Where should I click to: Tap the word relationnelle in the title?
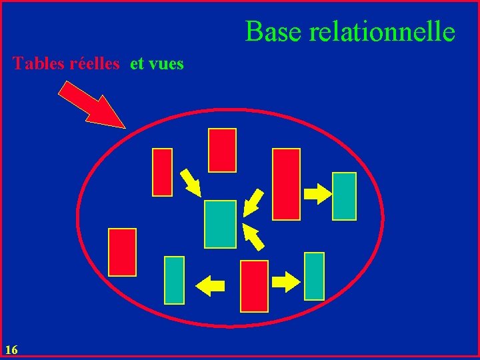(x=382, y=31)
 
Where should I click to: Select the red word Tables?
(x=39, y=64)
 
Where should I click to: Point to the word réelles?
(x=95, y=64)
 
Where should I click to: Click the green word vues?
(x=166, y=64)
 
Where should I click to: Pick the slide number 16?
(x=11, y=349)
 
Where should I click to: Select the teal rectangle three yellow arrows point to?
(x=220, y=224)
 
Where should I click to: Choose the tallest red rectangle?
(x=287, y=184)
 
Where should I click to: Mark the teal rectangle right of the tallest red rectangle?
(x=344, y=196)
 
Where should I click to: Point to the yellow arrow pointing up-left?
(x=253, y=237)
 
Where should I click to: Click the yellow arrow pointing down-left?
(x=252, y=202)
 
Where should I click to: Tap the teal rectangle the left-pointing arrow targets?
(x=174, y=280)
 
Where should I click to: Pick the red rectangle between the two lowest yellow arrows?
(x=254, y=286)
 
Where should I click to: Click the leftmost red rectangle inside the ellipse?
(x=122, y=252)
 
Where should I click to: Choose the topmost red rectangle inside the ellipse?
(x=222, y=150)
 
